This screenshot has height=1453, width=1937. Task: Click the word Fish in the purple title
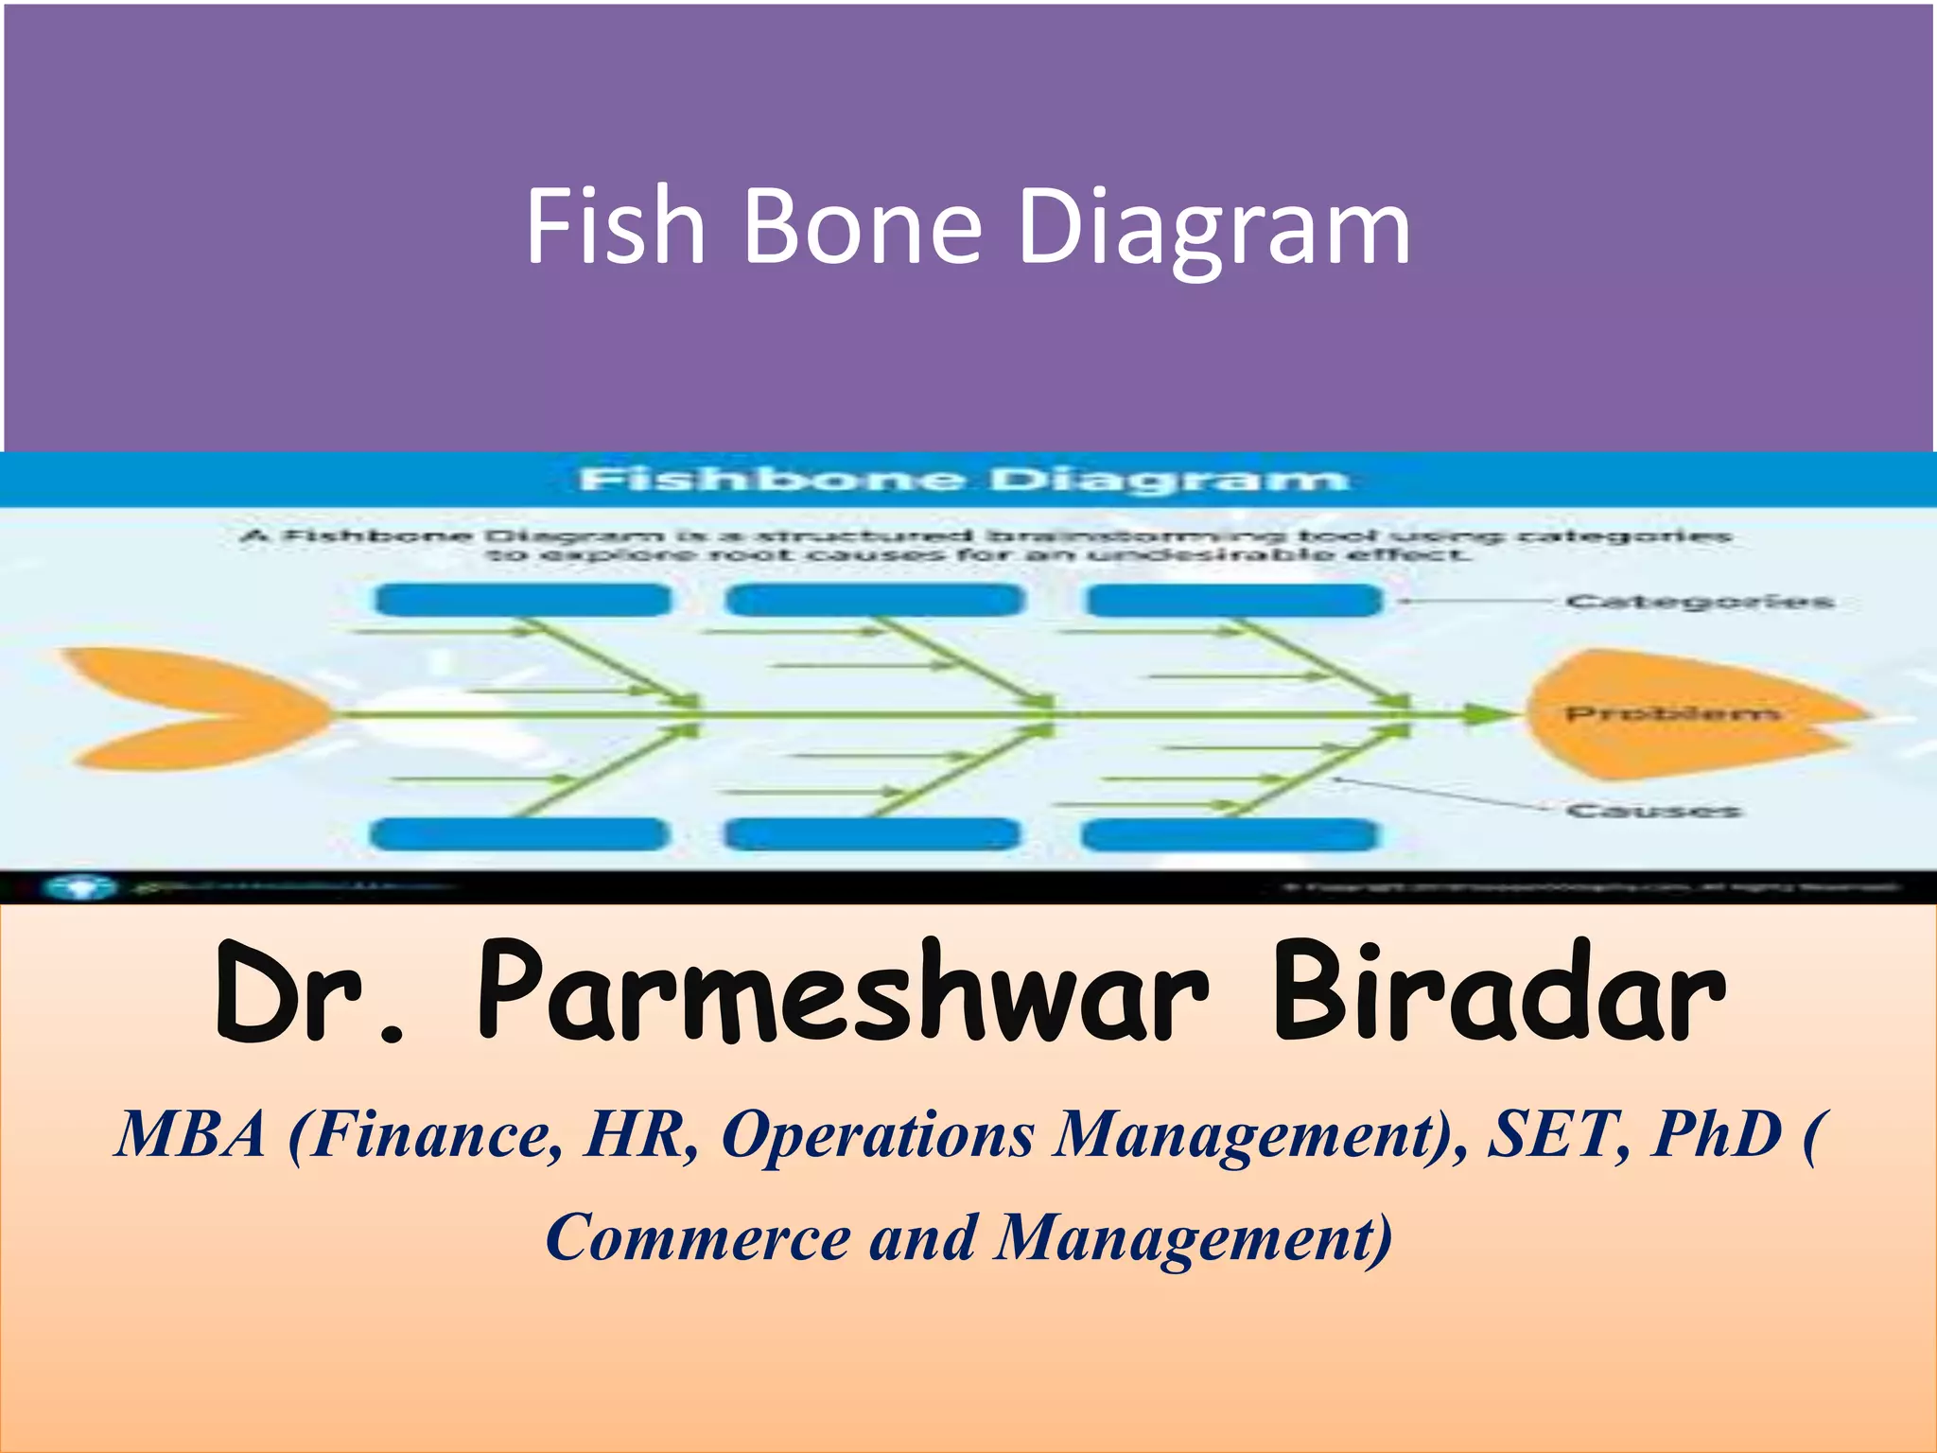(616, 227)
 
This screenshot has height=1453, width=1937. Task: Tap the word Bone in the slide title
(862, 227)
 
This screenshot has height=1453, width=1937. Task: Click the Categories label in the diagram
(1699, 602)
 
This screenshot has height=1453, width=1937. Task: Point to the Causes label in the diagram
(1653, 811)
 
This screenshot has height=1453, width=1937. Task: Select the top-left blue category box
(523, 601)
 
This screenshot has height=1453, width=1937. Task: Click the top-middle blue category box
(875, 601)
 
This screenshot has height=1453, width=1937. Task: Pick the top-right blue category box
(1234, 601)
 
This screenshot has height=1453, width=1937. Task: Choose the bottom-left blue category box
(519, 835)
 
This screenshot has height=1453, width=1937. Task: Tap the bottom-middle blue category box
(871, 835)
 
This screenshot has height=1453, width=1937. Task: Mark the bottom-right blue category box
(1230, 835)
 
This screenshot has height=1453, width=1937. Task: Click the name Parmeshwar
(843, 993)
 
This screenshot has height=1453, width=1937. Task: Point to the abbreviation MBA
(189, 1134)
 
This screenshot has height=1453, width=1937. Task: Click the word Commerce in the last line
(697, 1237)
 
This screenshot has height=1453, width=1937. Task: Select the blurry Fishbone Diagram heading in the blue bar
(963, 480)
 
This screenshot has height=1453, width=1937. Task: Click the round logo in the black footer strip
(80, 887)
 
